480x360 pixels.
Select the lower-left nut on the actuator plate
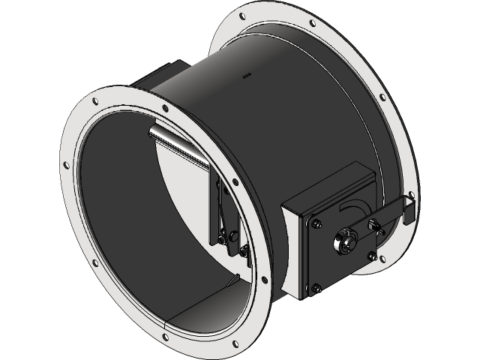pos(317,286)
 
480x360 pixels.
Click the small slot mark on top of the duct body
pos(247,75)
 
